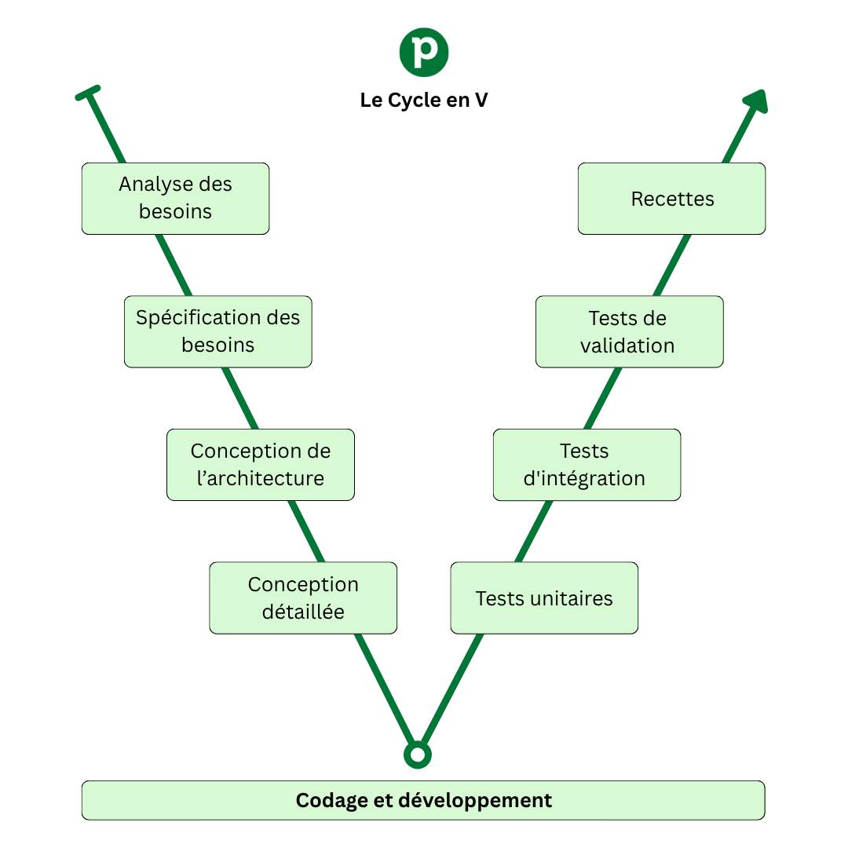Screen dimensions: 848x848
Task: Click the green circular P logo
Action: [x=424, y=52]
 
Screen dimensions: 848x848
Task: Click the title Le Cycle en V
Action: [x=424, y=101]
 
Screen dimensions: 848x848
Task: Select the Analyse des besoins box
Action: [x=175, y=198]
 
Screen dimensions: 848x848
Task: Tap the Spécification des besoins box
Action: [x=217, y=331]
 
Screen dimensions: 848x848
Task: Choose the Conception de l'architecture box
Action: [x=260, y=464]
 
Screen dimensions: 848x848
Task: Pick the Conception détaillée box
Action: [x=302, y=598]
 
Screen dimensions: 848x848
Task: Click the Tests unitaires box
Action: [x=544, y=598]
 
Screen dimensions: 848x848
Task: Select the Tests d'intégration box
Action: [x=587, y=464]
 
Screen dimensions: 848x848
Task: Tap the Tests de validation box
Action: [x=629, y=331]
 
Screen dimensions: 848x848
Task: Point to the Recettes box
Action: [x=671, y=198]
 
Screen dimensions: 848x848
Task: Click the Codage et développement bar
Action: [x=423, y=800]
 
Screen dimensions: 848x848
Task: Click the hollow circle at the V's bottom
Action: [x=418, y=755]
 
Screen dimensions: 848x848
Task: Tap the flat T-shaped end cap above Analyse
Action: [x=88, y=93]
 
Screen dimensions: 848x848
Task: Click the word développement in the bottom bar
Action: [x=475, y=800]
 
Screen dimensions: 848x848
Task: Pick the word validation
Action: [x=627, y=345]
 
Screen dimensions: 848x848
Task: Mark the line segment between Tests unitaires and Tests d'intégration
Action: [x=534, y=531]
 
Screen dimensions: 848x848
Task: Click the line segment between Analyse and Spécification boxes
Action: [x=174, y=265]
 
